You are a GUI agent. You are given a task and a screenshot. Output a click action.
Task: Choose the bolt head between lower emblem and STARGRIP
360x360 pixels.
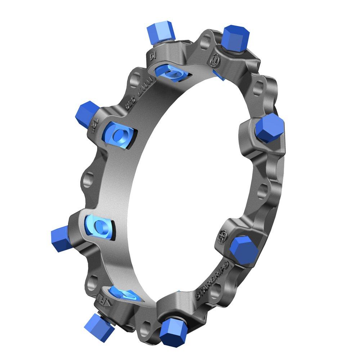(x=244, y=250)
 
